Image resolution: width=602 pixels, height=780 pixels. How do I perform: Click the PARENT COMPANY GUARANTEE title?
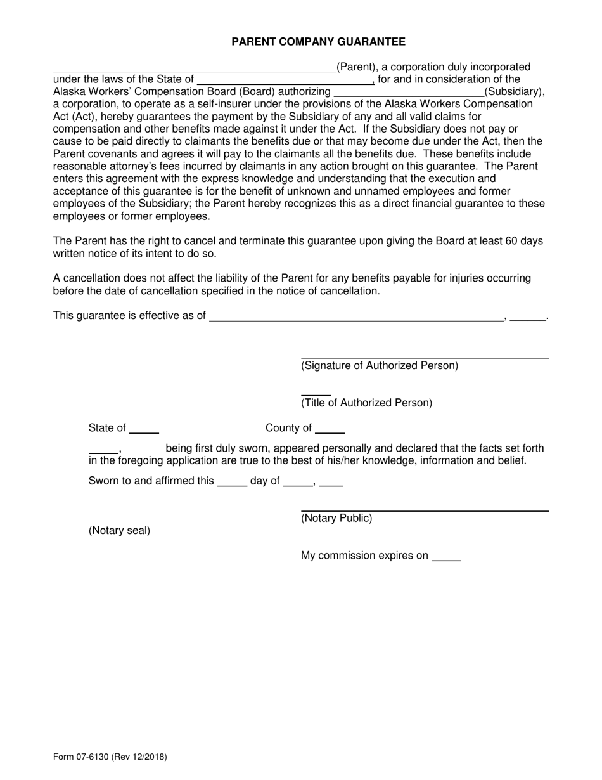(x=318, y=42)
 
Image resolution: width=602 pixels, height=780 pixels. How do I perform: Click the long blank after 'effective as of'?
(x=356, y=318)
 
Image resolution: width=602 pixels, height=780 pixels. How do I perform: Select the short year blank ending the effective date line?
(x=527, y=318)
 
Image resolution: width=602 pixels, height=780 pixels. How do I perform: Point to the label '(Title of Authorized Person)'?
(x=366, y=403)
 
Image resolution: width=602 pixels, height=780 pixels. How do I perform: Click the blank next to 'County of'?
(x=330, y=430)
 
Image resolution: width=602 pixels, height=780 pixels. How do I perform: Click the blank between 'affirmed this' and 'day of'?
(x=232, y=483)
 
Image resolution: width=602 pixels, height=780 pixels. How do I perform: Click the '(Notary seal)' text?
(x=119, y=530)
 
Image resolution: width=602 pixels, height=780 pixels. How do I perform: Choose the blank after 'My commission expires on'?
(x=446, y=557)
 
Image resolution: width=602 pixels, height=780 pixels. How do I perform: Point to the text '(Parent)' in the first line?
(x=357, y=67)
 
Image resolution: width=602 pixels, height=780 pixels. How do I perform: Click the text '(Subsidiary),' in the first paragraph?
(x=515, y=92)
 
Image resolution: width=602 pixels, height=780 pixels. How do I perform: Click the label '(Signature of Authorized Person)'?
(x=380, y=365)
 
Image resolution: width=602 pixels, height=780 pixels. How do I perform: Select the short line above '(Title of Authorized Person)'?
(x=316, y=394)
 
